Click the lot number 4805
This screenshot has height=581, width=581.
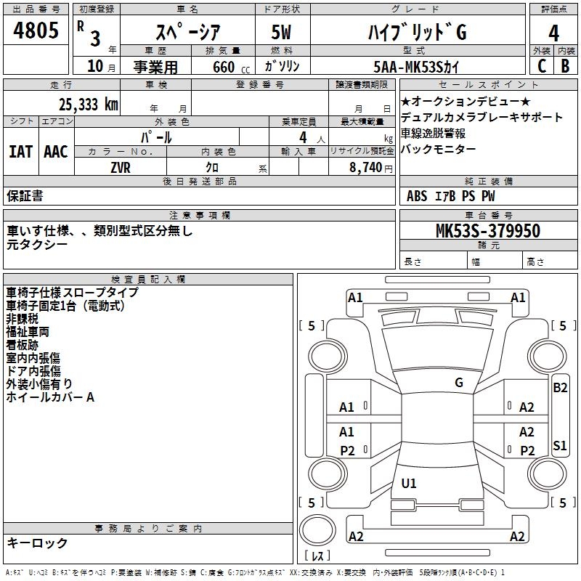click(36, 31)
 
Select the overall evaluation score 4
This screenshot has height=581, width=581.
click(554, 33)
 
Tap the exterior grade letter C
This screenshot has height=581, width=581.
click(541, 66)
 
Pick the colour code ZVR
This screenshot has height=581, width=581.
click(121, 167)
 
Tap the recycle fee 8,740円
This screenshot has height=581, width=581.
click(367, 167)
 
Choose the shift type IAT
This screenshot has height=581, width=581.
click(20, 152)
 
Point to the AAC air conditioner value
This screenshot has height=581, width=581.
click(56, 152)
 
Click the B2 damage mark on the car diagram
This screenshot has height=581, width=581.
click(560, 388)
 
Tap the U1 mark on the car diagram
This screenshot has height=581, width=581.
click(409, 484)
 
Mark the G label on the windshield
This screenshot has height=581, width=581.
click(459, 382)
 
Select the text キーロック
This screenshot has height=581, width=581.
click(38, 543)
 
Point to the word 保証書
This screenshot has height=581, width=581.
click(25, 195)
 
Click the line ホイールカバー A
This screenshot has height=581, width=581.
click(50, 397)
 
